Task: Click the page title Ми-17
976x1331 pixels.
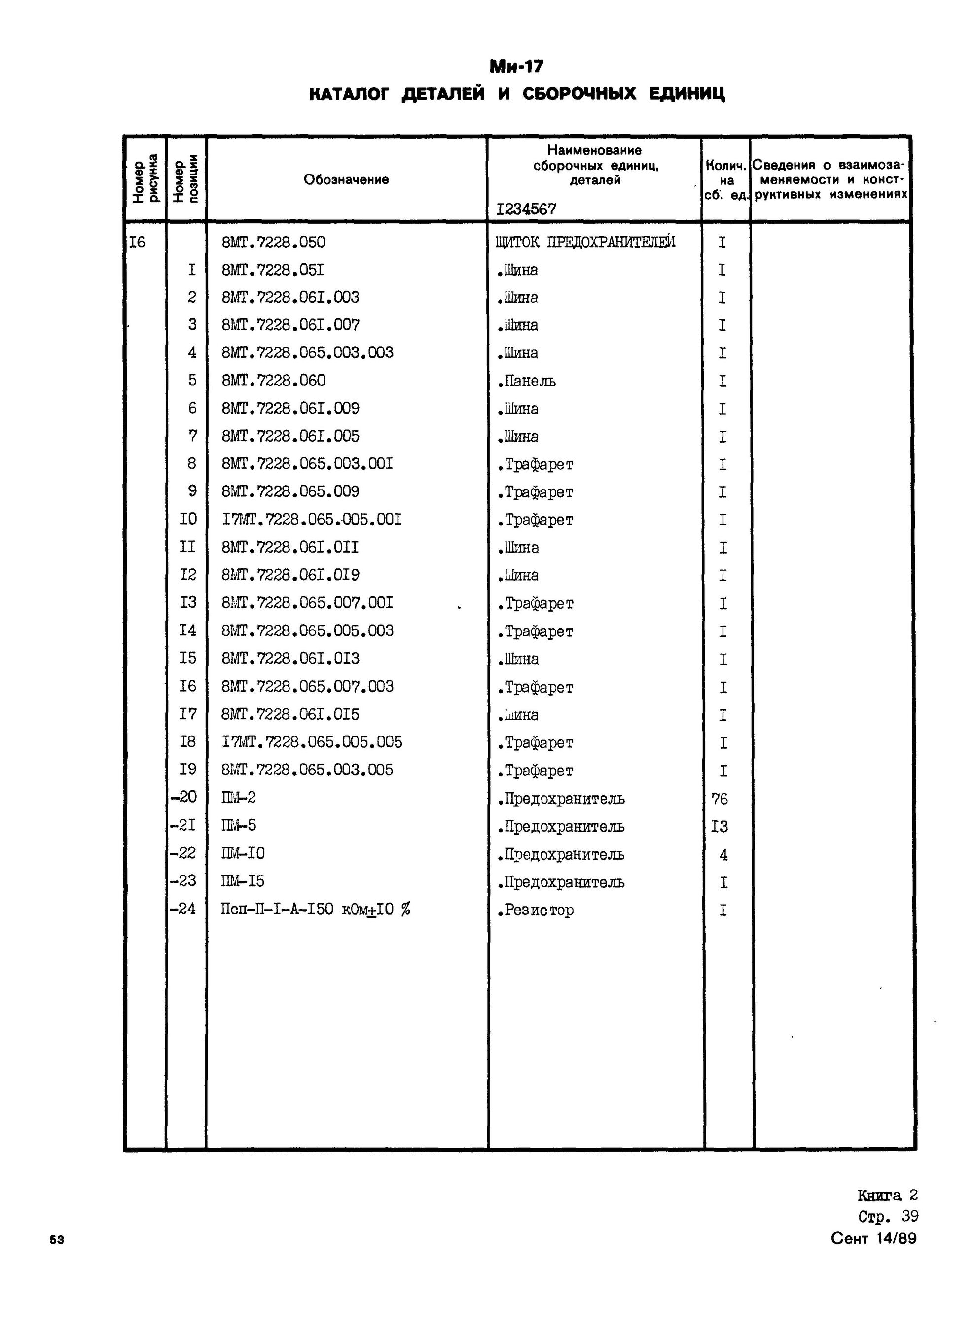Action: tap(516, 67)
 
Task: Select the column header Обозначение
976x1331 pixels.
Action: tap(346, 179)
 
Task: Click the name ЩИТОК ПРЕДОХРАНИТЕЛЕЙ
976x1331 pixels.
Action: tap(585, 242)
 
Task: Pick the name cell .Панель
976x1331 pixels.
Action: tap(526, 381)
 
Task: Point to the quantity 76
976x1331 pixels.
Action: tap(720, 799)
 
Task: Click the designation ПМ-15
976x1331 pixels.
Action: tap(243, 881)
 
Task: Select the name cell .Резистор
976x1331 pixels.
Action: tap(535, 910)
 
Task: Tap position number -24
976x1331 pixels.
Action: tap(182, 909)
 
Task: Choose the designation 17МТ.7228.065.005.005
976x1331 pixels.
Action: tap(312, 742)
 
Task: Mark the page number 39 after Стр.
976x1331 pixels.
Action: tap(910, 1217)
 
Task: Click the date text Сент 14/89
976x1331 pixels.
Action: tap(874, 1238)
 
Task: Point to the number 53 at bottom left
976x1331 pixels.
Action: tap(57, 1240)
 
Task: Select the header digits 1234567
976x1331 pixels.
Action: tap(526, 209)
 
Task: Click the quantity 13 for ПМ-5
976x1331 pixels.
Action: tap(720, 827)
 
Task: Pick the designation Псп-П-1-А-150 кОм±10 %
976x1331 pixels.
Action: tap(316, 910)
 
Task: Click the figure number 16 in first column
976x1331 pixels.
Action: tap(137, 242)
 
